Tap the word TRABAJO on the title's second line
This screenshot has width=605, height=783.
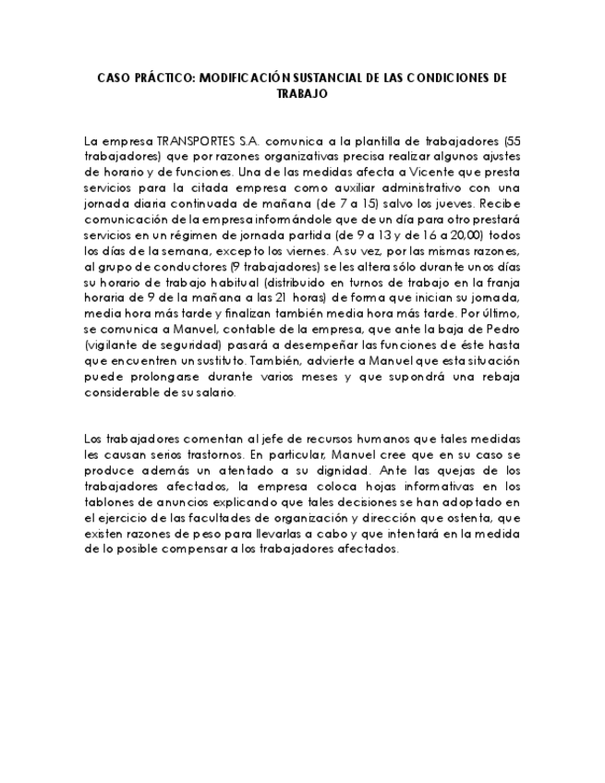(302, 93)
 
